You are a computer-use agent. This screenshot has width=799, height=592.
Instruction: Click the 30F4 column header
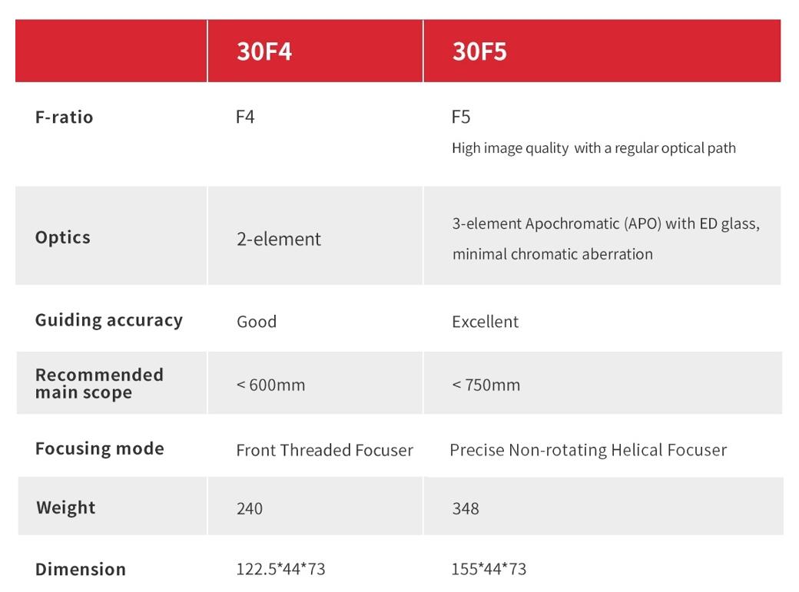(x=264, y=51)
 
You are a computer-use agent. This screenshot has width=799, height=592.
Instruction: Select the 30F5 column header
(x=479, y=51)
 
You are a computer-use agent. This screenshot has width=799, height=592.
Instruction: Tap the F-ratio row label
(x=65, y=117)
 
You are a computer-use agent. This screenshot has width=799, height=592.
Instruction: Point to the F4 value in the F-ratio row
(x=245, y=117)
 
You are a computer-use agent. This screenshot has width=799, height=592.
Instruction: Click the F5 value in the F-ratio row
(x=461, y=117)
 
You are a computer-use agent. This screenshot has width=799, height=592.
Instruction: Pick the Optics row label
(x=63, y=237)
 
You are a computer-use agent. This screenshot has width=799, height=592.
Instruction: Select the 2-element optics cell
(x=279, y=239)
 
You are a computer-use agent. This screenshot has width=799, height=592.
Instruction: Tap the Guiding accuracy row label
(x=109, y=320)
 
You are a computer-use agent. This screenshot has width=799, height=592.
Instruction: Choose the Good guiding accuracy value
(x=257, y=322)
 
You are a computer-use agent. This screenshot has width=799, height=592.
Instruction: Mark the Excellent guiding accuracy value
(x=485, y=322)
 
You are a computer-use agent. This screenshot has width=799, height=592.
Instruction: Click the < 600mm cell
(x=270, y=385)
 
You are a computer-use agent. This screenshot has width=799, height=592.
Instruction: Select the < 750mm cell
(x=486, y=385)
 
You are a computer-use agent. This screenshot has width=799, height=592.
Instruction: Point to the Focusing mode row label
(x=100, y=448)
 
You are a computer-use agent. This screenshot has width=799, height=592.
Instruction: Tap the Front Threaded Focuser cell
(x=324, y=450)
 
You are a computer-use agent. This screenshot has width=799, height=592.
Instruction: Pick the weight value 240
(x=250, y=508)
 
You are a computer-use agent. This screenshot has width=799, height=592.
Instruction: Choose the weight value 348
(x=466, y=508)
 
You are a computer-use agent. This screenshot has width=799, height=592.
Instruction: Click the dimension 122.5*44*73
(x=280, y=568)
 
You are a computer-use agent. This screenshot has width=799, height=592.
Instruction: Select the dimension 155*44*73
(x=489, y=568)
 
